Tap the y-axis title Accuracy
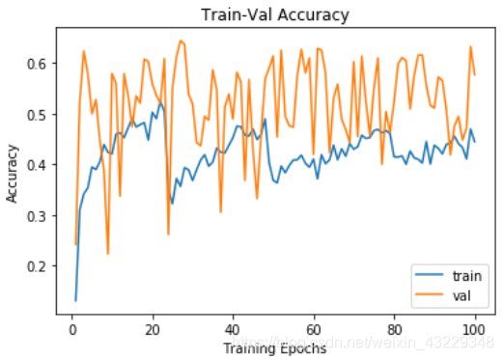(x=14, y=174)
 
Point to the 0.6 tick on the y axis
(x=39, y=64)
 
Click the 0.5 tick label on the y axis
(x=39, y=115)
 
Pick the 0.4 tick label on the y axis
(x=39, y=165)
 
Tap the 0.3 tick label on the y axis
(x=39, y=215)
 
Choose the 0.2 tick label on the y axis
(x=39, y=266)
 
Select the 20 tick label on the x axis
(x=151, y=331)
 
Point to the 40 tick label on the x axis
(x=233, y=331)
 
